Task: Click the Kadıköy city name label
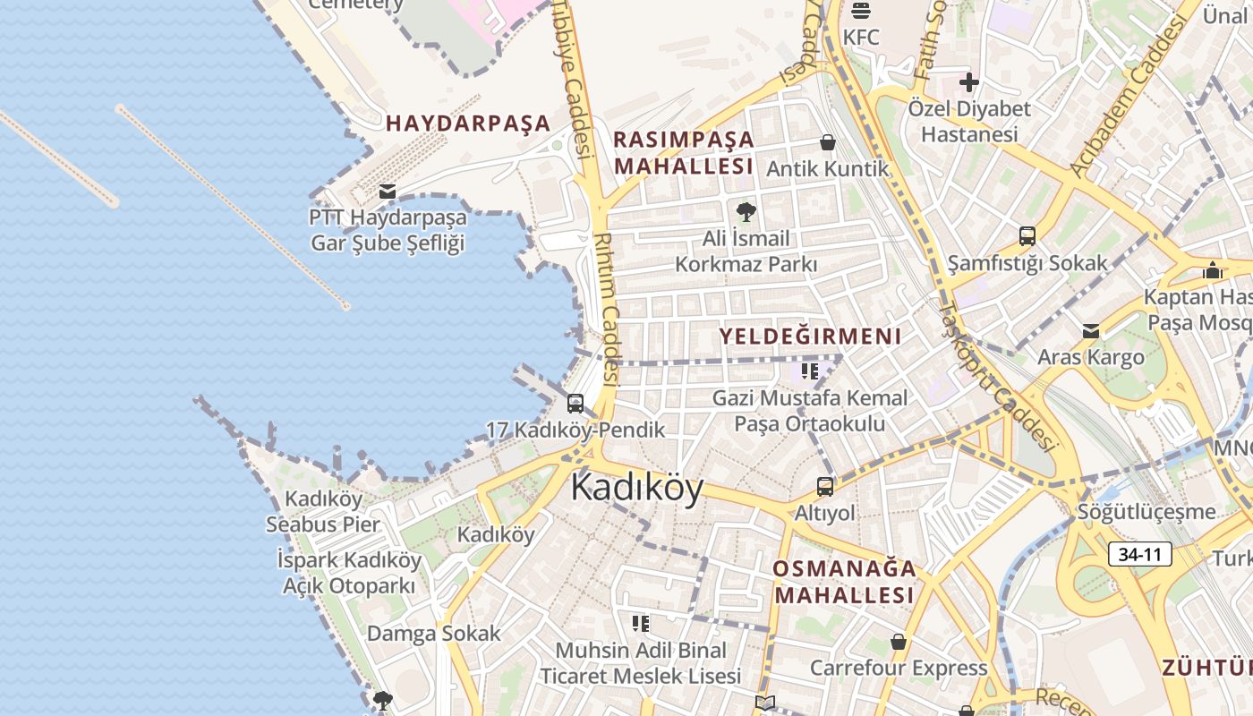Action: pos(637,489)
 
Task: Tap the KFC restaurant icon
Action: pos(861,12)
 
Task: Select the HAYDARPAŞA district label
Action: pos(468,124)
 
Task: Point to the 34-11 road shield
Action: pos(1140,554)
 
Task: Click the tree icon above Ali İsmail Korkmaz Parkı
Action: pos(746,212)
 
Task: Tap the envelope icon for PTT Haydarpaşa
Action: pos(388,191)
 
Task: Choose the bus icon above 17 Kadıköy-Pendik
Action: pos(575,403)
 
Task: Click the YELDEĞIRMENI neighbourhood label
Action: pos(811,337)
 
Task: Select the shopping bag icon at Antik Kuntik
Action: pos(828,142)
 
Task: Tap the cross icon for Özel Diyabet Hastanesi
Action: pos(968,83)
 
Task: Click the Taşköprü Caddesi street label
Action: pos(996,376)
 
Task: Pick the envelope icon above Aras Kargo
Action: pos(1091,331)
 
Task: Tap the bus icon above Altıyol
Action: pos(825,487)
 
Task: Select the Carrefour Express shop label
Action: pos(899,668)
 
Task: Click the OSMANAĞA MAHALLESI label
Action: pos(845,582)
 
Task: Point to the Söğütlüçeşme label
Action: pos(1146,512)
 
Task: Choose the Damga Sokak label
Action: pos(434,634)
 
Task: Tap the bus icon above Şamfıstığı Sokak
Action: pos(1027,236)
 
